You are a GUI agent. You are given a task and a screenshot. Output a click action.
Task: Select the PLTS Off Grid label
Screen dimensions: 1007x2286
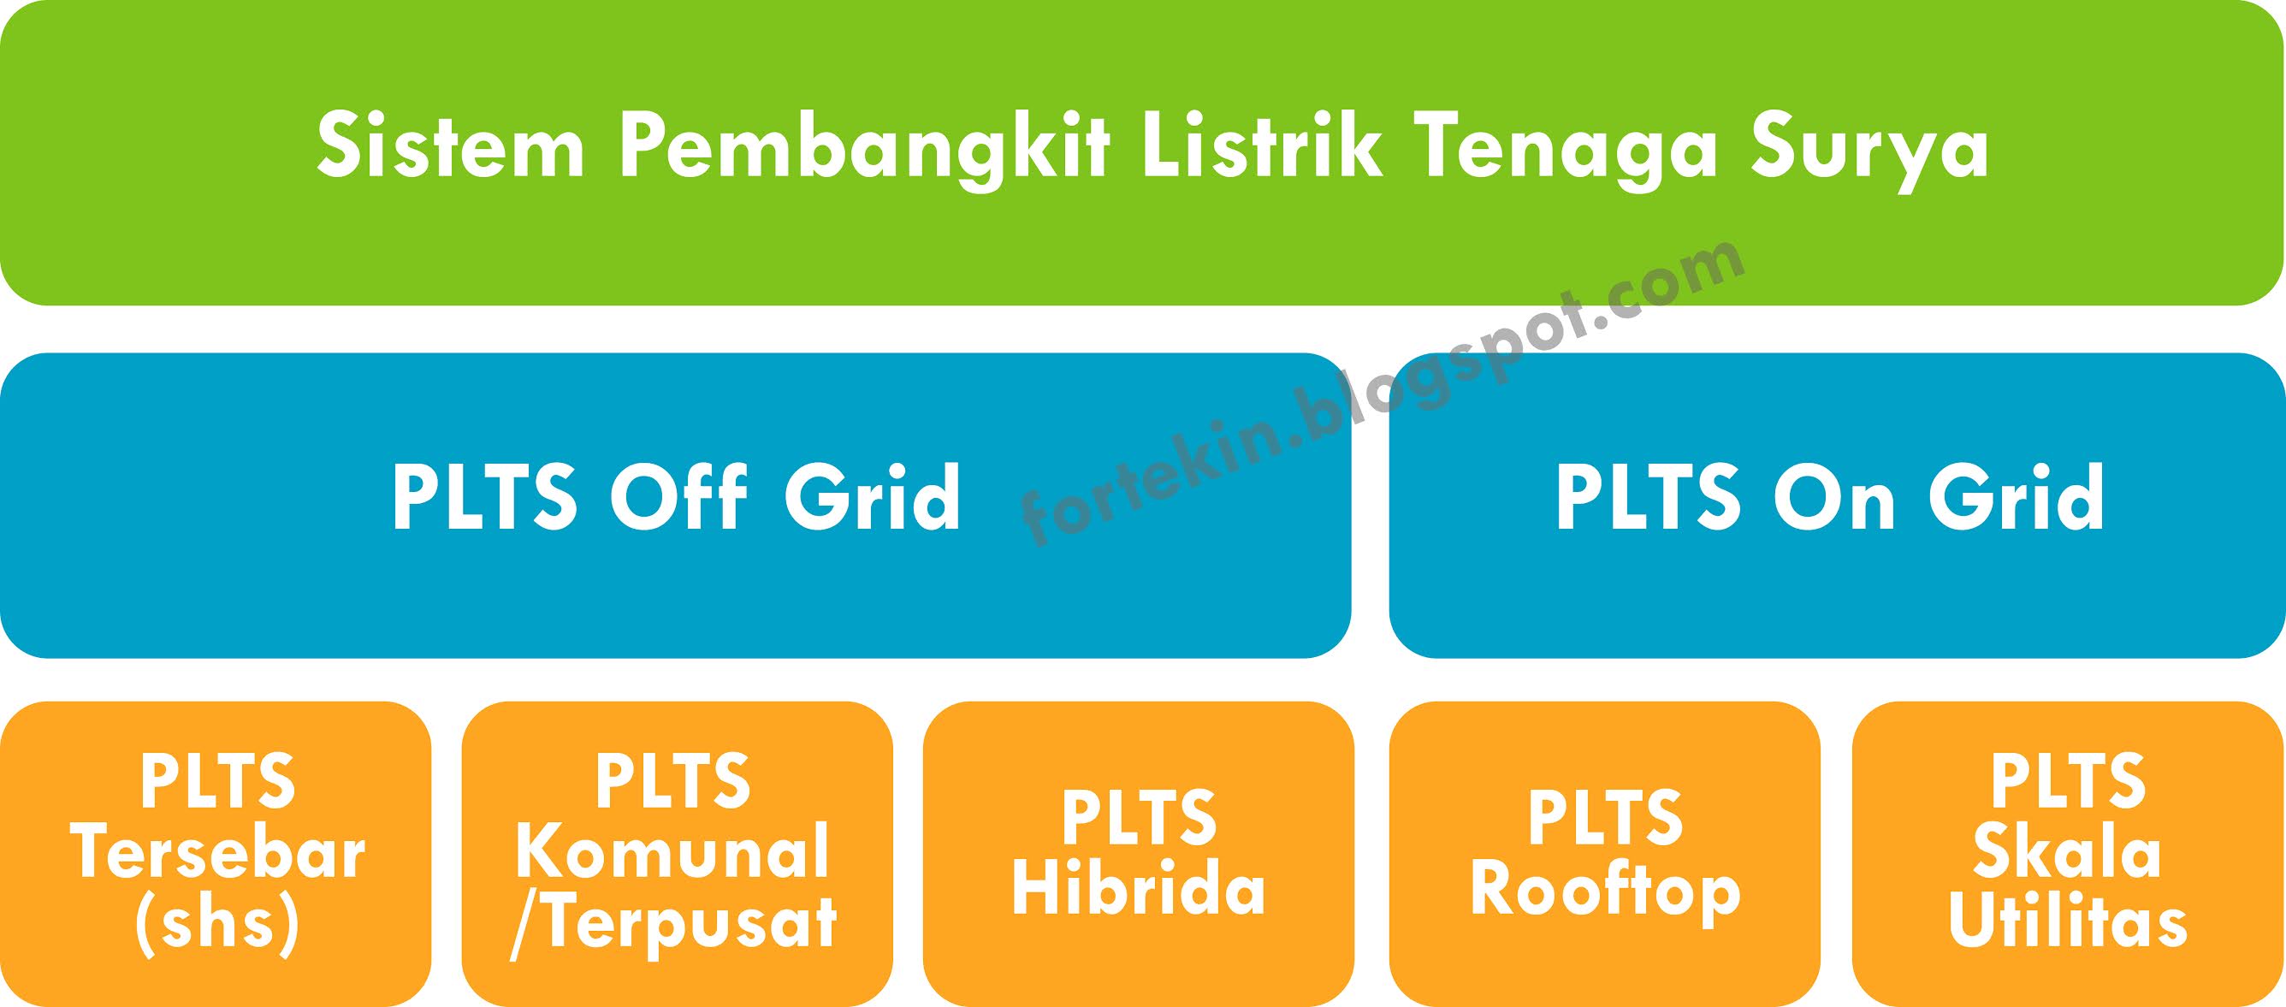tap(676, 498)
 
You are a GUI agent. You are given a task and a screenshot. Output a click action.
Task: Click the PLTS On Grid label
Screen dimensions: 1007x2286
tap(1830, 498)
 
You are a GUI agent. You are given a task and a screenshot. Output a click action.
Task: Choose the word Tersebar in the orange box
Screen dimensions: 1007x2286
tap(217, 853)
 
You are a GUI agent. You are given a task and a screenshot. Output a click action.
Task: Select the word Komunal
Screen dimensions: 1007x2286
tap(672, 853)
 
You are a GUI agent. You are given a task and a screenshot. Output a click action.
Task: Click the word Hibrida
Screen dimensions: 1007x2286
tap(1139, 890)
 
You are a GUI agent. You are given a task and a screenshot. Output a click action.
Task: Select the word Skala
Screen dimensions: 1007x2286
tap(2067, 853)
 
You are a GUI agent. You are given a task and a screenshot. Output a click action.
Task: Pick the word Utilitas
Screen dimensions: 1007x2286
tap(2068, 922)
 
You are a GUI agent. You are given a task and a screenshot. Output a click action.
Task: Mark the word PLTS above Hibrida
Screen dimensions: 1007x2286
tap(1139, 818)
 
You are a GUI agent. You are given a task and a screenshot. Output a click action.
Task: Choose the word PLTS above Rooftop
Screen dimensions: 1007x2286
tap(1604, 818)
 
